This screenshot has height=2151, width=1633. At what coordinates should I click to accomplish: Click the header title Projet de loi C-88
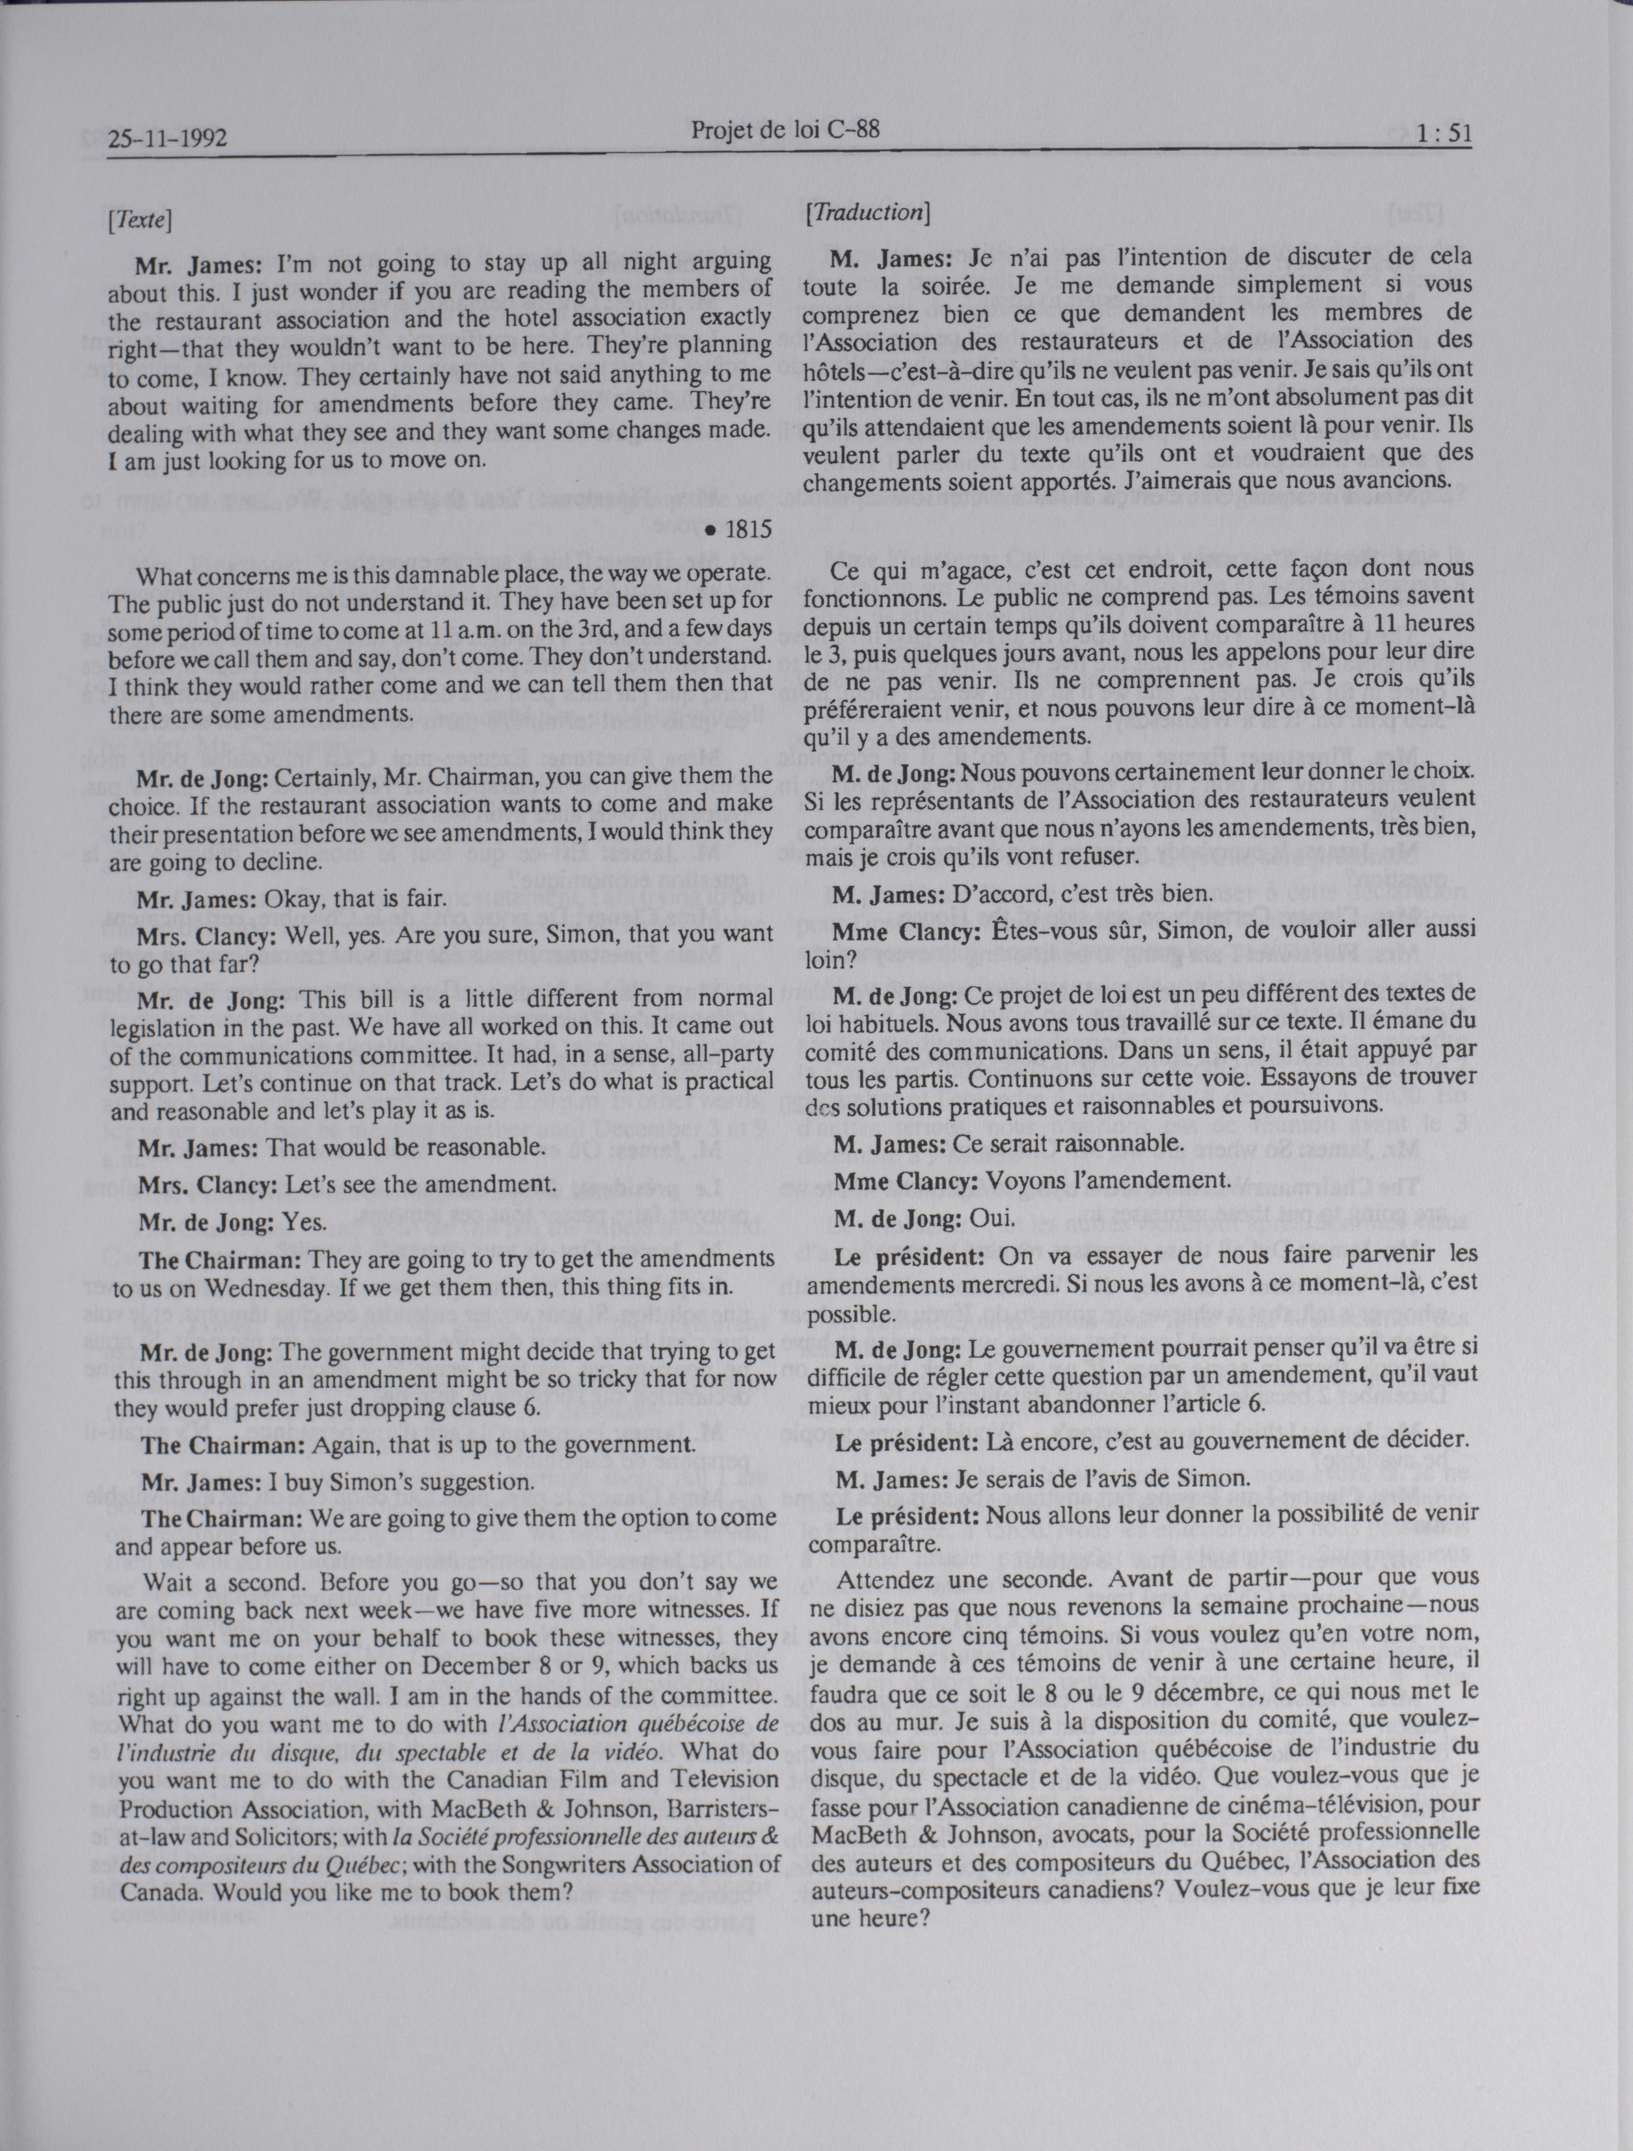point(786,130)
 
